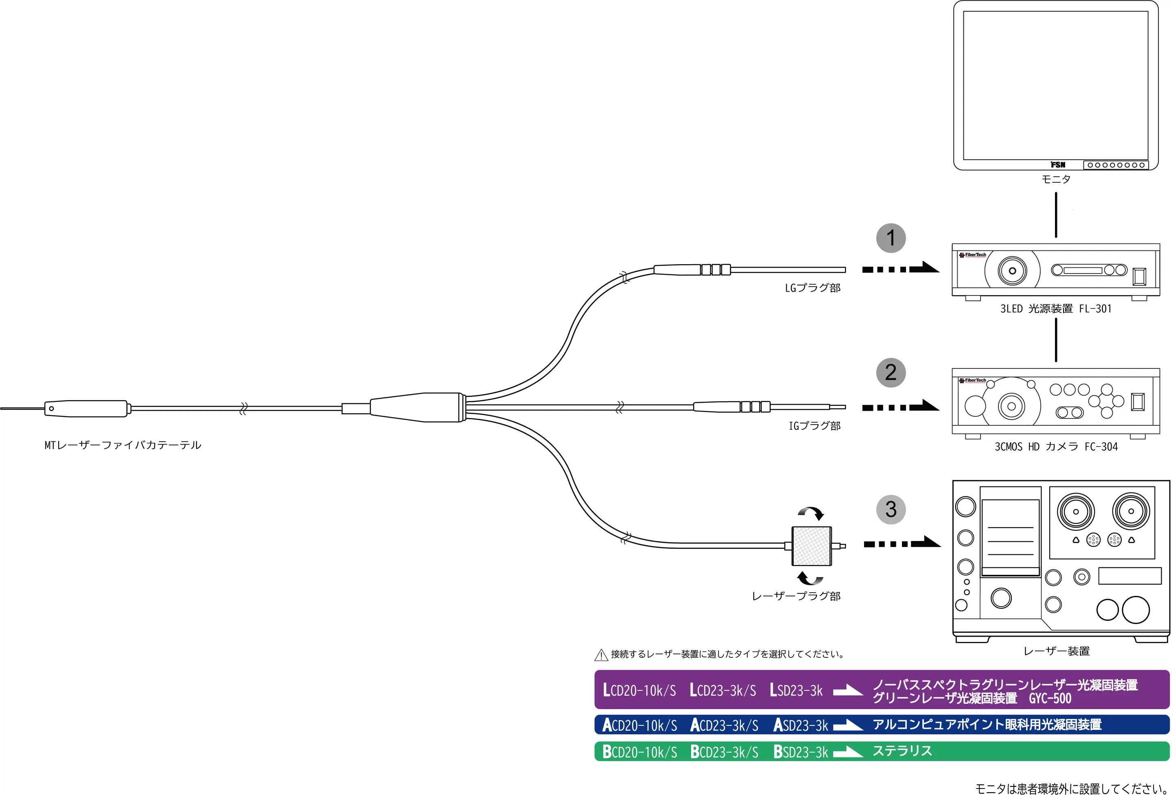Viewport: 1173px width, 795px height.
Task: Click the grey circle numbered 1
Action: point(891,238)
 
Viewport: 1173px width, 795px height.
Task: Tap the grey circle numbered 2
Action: point(891,372)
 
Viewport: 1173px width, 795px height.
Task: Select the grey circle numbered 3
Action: point(891,509)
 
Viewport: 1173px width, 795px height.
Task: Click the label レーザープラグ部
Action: point(796,596)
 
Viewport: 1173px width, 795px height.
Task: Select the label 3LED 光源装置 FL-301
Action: point(1055,309)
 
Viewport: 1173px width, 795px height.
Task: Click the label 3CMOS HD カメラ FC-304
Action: point(1055,447)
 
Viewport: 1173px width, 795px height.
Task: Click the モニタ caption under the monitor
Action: point(1055,179)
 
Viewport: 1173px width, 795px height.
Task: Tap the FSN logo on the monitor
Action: point(1058,164)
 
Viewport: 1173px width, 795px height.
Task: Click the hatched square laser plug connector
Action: point(811,545)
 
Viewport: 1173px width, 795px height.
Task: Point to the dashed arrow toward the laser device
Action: point(902,543)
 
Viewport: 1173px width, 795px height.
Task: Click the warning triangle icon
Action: point(601,655)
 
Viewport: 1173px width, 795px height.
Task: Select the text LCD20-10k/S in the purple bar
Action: point(639,690)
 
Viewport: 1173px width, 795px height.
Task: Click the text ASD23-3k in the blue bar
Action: point(801,725)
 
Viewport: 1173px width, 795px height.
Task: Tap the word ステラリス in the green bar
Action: point(902,751)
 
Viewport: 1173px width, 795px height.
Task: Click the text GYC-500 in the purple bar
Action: point(1050,699)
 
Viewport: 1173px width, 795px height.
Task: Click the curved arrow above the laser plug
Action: point(811,513)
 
